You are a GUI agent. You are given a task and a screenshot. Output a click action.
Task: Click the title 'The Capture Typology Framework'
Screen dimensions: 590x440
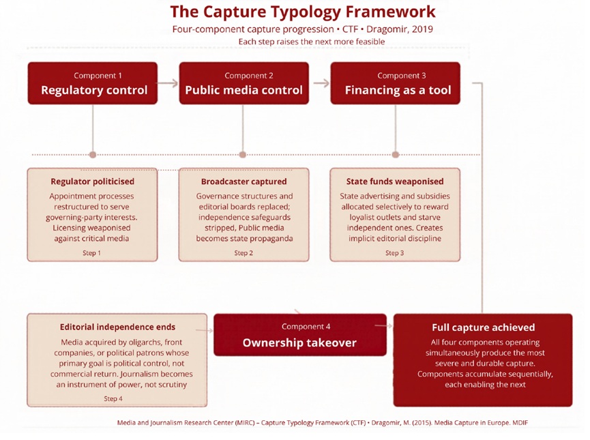(x=303, y=12)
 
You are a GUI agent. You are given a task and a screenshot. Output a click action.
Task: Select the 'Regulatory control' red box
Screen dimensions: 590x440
(x=93, y=83)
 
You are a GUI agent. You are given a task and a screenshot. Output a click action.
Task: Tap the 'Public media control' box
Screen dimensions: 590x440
(x=244, y=83)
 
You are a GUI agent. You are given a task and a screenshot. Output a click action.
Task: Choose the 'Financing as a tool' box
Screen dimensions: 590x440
(x=395, y=83)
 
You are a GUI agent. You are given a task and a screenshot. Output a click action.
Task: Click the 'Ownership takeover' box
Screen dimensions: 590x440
(x=300, y=335)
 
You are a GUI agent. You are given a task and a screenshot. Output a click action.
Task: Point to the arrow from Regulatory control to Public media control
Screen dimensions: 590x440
(x=168, y=83)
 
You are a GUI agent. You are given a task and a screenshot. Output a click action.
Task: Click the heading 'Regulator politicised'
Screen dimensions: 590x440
(x=93, y=181)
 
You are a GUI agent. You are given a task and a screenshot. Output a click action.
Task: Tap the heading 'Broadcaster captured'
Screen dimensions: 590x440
(x=244, y=181)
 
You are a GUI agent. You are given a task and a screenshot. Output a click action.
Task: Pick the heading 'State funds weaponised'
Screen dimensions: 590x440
(x=395, y=181)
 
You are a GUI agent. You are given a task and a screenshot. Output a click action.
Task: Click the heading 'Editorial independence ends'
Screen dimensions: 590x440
(x=117, y=327)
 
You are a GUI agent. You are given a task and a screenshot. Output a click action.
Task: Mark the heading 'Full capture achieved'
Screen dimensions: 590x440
(x=483, y=327)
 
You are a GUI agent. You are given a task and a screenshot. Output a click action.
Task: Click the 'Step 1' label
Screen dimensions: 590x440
(x=92, y=253)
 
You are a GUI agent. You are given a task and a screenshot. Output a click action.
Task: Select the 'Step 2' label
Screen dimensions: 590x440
(x=244, y=253)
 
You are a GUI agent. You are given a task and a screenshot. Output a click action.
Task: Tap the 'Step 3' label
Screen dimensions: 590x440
(x=394, y=253)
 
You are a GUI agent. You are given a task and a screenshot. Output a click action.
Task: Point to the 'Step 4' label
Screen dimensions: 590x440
(x=113, y=398)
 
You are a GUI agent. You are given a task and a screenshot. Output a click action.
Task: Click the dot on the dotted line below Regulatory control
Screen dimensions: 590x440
(x=93, y=155)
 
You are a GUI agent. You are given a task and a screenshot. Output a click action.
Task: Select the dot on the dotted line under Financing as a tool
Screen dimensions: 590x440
(x=396, y=155)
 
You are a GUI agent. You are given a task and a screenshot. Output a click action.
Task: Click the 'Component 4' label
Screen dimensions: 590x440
(x=306, y=327)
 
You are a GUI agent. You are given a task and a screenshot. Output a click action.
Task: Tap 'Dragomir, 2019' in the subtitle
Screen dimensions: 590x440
(x=400, y=29)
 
